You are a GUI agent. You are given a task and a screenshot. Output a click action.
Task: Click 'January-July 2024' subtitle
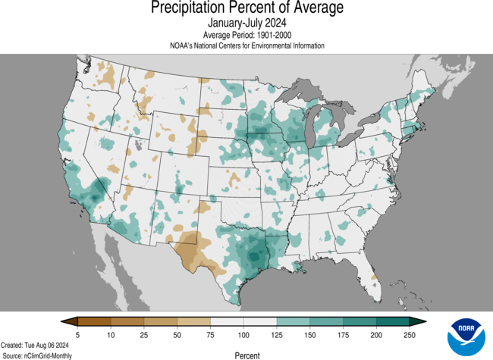pos(246,23)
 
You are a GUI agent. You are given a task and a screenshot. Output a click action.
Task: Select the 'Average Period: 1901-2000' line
pos(246,35)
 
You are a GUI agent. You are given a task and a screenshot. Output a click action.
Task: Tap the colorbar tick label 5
pos(78,334)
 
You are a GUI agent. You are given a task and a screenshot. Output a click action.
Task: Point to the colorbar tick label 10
pos(111,334)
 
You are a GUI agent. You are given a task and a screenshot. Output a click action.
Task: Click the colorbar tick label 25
pos(144,334)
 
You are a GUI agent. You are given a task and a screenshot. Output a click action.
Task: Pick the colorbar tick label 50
pos(177,334)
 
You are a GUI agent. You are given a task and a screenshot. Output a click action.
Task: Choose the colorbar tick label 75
pos(210,334)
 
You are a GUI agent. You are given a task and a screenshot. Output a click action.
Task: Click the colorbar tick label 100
pos(243,334)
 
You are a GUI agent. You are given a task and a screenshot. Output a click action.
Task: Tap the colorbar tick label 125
pos(276,334)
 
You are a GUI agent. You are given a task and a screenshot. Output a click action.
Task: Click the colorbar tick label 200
pos(376,334)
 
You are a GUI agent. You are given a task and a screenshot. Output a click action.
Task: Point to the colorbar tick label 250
pos(410,334)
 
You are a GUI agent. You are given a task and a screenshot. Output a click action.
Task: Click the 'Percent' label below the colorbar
pos(246,355)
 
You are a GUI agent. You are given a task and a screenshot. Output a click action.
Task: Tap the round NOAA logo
pos(465,337)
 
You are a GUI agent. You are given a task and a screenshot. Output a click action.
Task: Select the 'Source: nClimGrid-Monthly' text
pos(43,355)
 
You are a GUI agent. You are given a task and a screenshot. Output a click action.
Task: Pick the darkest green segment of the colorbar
pos(395,321)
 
